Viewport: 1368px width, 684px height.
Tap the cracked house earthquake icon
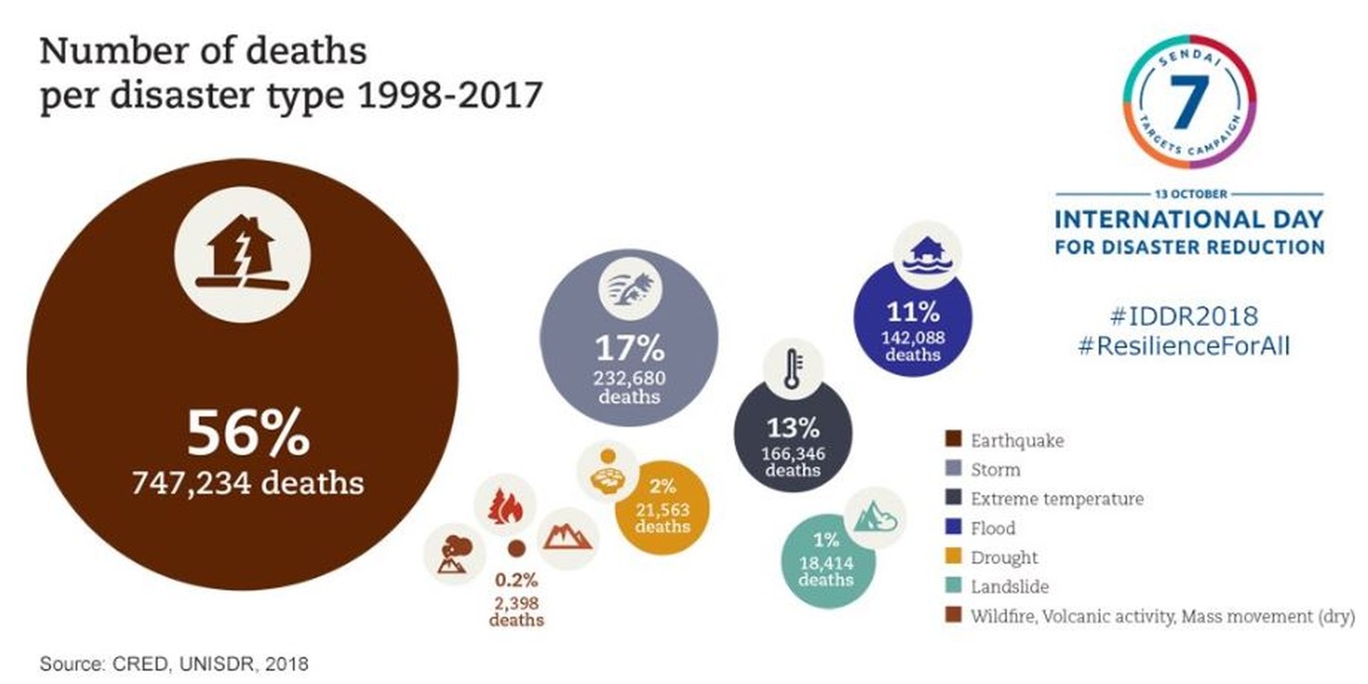pyautogui.click(x=242, y=255)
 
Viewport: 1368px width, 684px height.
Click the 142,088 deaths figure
pyautogui.click(x=913, y=338)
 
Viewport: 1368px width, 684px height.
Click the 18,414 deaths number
pyautogui.click(x=826, y=562)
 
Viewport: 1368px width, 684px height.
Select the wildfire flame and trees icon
pyautogui.click(x=505, y=505)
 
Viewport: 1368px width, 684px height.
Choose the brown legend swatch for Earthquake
pyautogui.click(x=953, y=440)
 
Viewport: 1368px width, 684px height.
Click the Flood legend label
pyautogui.click(x=992, y=528)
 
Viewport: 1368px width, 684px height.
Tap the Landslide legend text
pyautogui.click(x=1009, y=587)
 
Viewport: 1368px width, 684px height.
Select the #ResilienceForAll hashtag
pyautogui.click(x=1183, y=346)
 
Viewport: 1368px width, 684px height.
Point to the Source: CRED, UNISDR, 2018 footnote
pyautogui.click(x=175, y=664)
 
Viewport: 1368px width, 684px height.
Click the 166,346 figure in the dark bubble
pyautogui.click(x=793, y=453)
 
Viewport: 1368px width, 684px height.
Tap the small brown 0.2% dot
pyautogui.click(x=517, y=549)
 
